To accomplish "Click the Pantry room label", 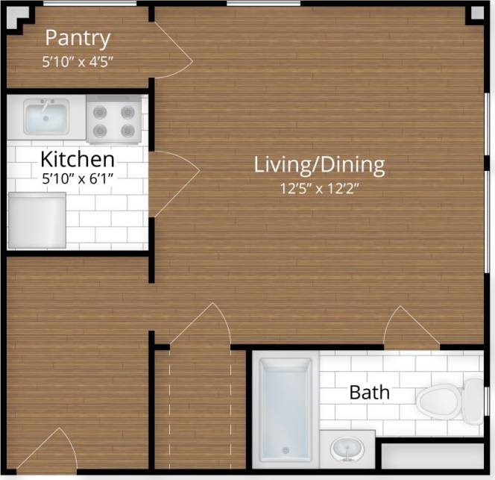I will pyautogui.click(x=78, y=38).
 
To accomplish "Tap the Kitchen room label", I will pyautogui.click(x=77, y=159).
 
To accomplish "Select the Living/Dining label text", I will pyautogui.click(x=319, y=164).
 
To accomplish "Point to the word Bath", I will pyautogui.click(x=369, y=392).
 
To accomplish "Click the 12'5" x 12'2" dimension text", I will pyautogui.click(x=319, y=188).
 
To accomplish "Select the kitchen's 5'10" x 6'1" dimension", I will pyautogui.click(x=77, y=179).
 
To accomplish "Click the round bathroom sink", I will pyautogui.click(x=347, y=449).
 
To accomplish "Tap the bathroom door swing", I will pyautogui.click(x=411, y=328).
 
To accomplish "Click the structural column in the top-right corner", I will pyautogui.click(x=476, y=14).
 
